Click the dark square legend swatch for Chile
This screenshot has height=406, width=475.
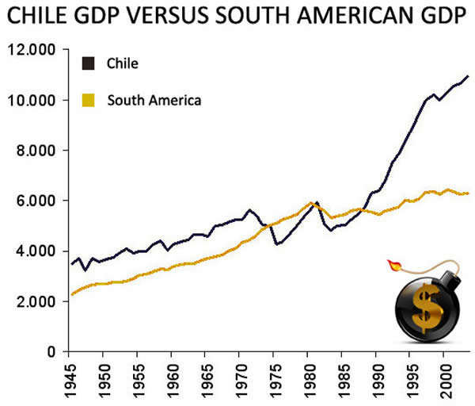[89, 63]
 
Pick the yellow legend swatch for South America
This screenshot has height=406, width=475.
[89, 100]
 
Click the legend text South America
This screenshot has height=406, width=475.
[154, 100]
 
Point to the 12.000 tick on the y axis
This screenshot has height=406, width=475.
[30, 51]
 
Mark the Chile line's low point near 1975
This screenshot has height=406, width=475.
[276, 244]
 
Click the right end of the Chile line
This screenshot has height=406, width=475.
[469, 76]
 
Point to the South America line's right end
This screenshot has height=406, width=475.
[469, 193]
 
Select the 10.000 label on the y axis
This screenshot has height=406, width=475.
[30, 101]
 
